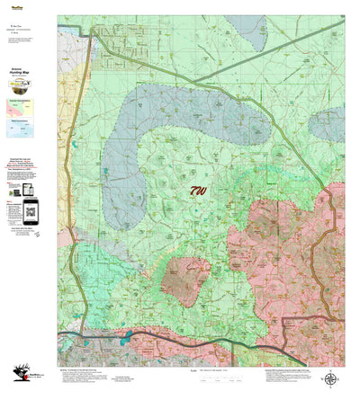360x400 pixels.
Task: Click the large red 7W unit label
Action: click(198, 191)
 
